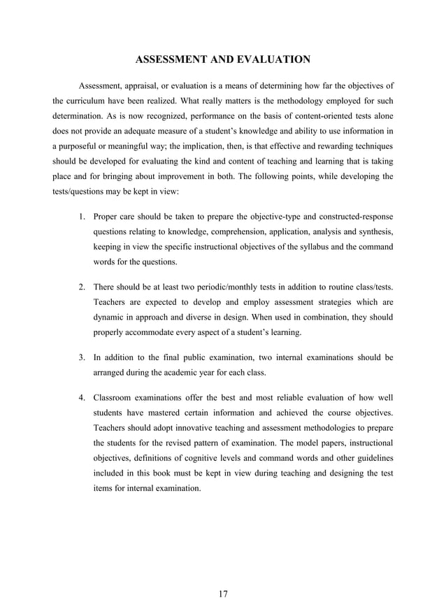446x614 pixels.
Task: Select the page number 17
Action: pyautogui.click(x=222, y=594)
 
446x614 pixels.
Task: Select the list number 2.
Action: pyautogui.click(x=81, y=287)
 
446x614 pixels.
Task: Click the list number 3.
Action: pyautogui.click(x=81, y=358)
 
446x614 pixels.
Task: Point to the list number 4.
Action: pyautogui.click(x=81, y=399)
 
